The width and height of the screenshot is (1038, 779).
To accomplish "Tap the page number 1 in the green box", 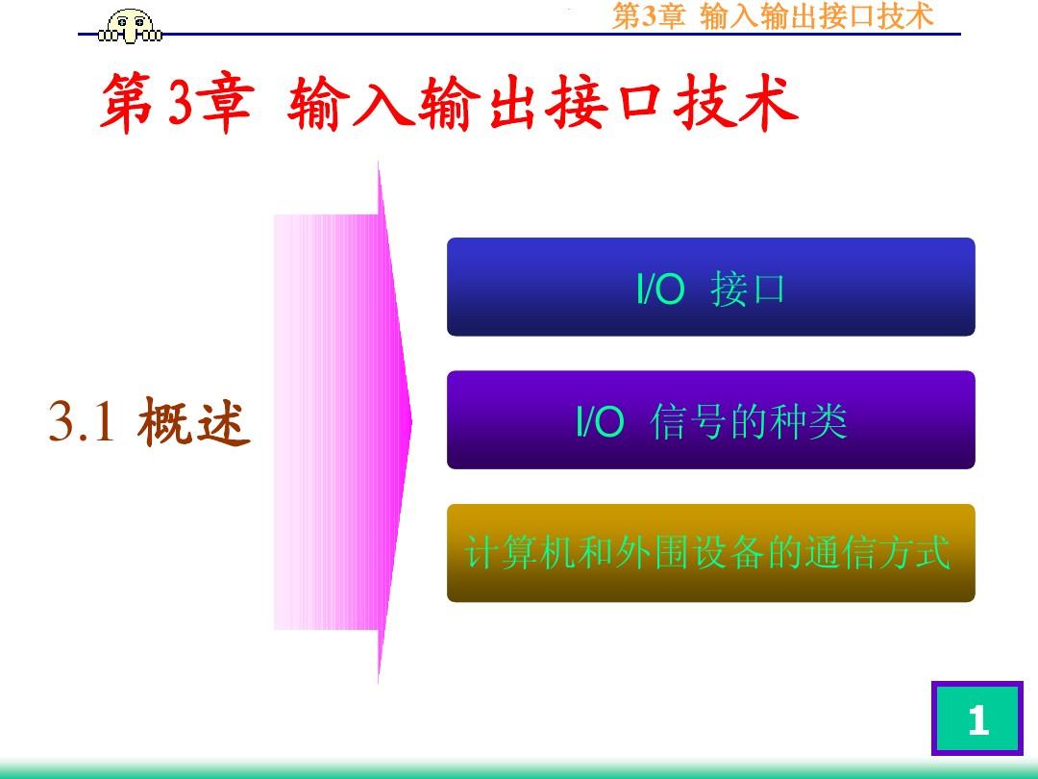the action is click(977, 719).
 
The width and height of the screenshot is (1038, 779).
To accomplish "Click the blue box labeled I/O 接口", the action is click(710, 287).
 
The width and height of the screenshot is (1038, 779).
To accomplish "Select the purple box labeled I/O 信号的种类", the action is click(710, 420).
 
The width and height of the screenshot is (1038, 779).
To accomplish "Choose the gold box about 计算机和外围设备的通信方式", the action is click(710, 553).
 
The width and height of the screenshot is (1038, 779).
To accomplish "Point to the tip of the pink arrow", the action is click(412, 422).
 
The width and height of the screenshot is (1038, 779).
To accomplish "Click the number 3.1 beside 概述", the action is click(82, 421).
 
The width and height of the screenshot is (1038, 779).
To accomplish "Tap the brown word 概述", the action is click(194, 421).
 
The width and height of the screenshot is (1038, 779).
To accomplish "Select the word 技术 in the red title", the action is click(735, 103).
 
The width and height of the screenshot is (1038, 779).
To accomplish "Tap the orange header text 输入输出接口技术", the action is click(816, 16).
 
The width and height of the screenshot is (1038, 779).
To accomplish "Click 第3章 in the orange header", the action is click(648, 16).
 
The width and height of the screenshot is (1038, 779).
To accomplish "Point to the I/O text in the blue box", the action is click(660, 289).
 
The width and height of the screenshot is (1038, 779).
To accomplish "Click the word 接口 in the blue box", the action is click(748, 289).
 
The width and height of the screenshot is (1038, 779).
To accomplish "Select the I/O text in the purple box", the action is click(600, 421).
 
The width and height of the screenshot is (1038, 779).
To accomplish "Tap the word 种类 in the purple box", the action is click(808, 421).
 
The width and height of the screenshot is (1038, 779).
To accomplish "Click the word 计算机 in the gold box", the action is click(520, 552).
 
